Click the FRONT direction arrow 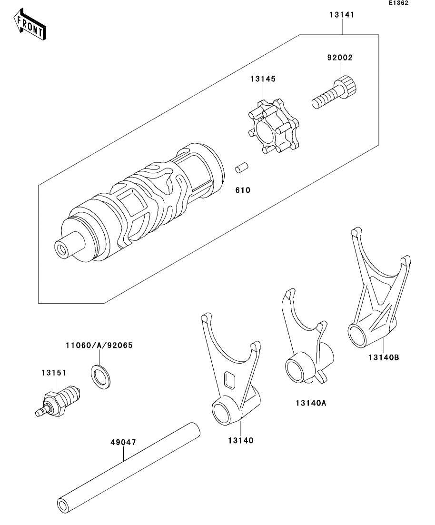tap(30, 24)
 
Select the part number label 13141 tap(342, 15)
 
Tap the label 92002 tap(340, 58)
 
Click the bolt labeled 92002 tap(335, 92)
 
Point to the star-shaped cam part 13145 tap(274, 127)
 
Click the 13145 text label tap(263, 79)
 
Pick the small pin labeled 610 tap(241, 168)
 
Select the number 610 tap(243, 190)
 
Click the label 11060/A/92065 tap(99, 345)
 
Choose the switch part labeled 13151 tap(58, 401)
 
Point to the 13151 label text tap(54, 373)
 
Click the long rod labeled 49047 tap(129, 473)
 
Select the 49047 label tap(123, 442)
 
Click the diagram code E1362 tap(398, 3)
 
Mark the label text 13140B tap(384, 357)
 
